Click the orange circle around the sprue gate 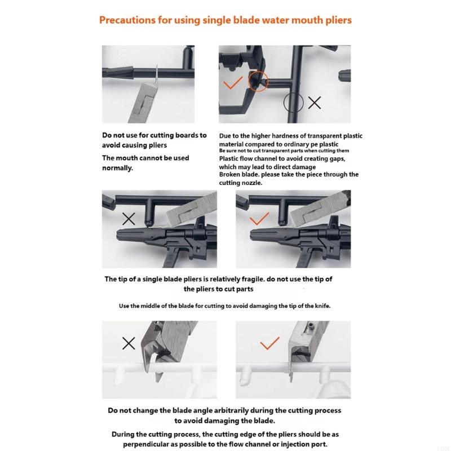tap(258, 81)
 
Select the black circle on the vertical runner tap(293, 103)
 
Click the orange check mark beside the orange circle tap(233, 83)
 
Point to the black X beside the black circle tap(315, 103)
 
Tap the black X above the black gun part tap(129, 219)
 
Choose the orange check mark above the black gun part tap(259, 219)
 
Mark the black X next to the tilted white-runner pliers tap(129, 343)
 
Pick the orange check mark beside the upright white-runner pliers tap(269, 343)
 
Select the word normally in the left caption tap(117, 168)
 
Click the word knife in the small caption tap(322, 306)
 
